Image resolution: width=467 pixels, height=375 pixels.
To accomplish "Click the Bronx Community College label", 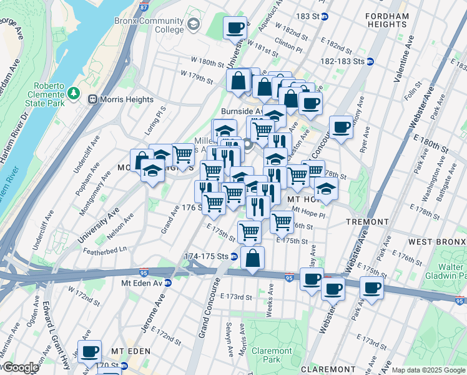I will pos(149,25).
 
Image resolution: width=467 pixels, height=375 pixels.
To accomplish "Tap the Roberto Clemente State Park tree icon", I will pos(74,93).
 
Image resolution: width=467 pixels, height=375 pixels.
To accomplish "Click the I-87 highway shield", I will pos(144,6).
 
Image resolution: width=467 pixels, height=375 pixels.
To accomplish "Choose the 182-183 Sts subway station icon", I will pos(370,61).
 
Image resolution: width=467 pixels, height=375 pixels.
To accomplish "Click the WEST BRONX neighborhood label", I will pos(436,242).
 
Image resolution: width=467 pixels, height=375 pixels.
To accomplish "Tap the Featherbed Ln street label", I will pos(106,249).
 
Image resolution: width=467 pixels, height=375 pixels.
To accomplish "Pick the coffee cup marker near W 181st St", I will pos(235,27).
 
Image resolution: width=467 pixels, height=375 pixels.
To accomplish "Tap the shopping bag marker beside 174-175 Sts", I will pos(252,258).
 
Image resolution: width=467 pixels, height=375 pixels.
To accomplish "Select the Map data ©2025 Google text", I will pos(428,370).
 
